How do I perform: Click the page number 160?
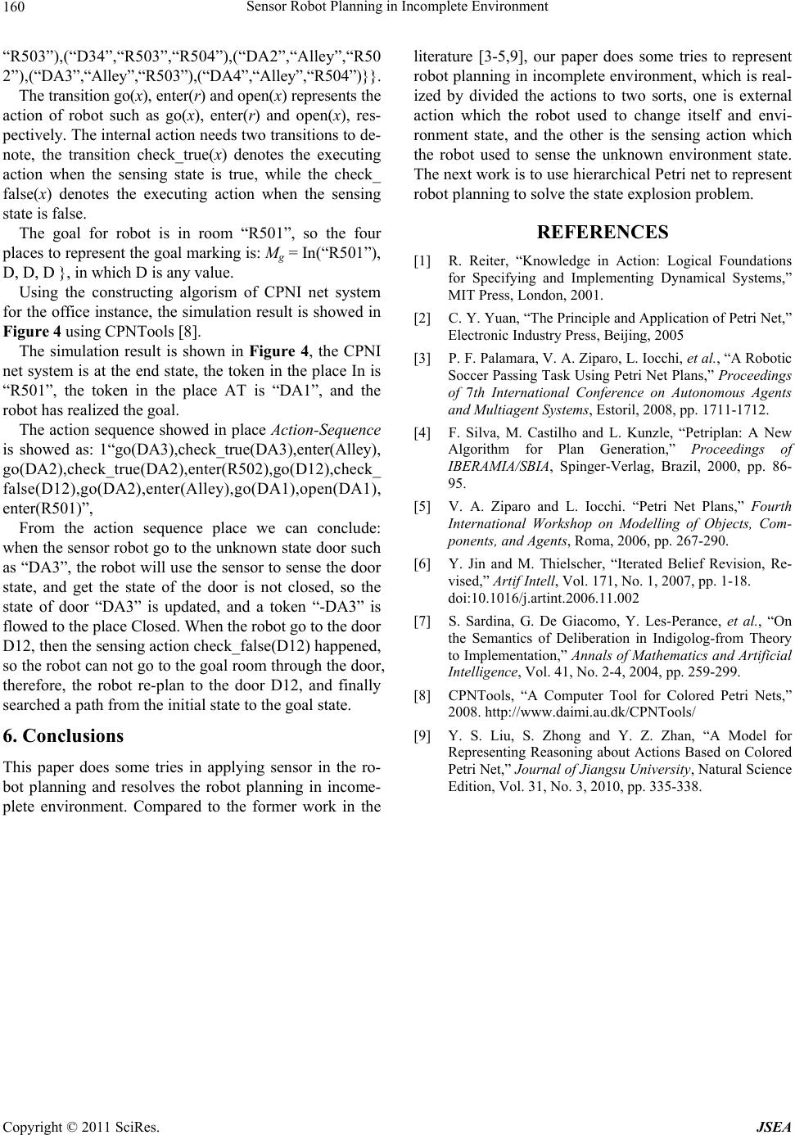[x=14, y=8]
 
